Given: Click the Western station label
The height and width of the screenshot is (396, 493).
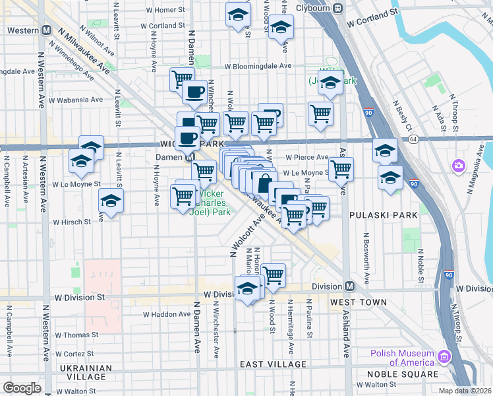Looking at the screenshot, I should (x=22, y=31).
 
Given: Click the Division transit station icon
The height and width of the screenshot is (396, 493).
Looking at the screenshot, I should (x=350, y=286).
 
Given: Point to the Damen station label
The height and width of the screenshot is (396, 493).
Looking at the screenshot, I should (x=169, y=157).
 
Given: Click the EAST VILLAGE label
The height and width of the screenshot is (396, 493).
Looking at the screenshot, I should (x=272, y=364).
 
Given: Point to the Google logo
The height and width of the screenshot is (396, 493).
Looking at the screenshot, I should (x=22, y=387).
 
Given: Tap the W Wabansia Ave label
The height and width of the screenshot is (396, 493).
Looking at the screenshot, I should (x=78, y=100).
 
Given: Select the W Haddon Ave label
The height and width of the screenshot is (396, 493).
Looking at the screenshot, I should (x=162, y=314).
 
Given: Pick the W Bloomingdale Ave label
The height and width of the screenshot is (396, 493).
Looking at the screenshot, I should (x=257, y=66).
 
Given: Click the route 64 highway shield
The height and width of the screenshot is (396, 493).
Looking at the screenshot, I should (x=413, y=140).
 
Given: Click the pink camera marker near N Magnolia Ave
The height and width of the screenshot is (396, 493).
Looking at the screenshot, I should (x=457, y=165).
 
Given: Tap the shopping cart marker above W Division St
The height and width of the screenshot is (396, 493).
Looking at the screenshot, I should (x=272, y=275).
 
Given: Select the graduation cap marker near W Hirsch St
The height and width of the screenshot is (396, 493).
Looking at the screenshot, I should (x=111, y=201).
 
